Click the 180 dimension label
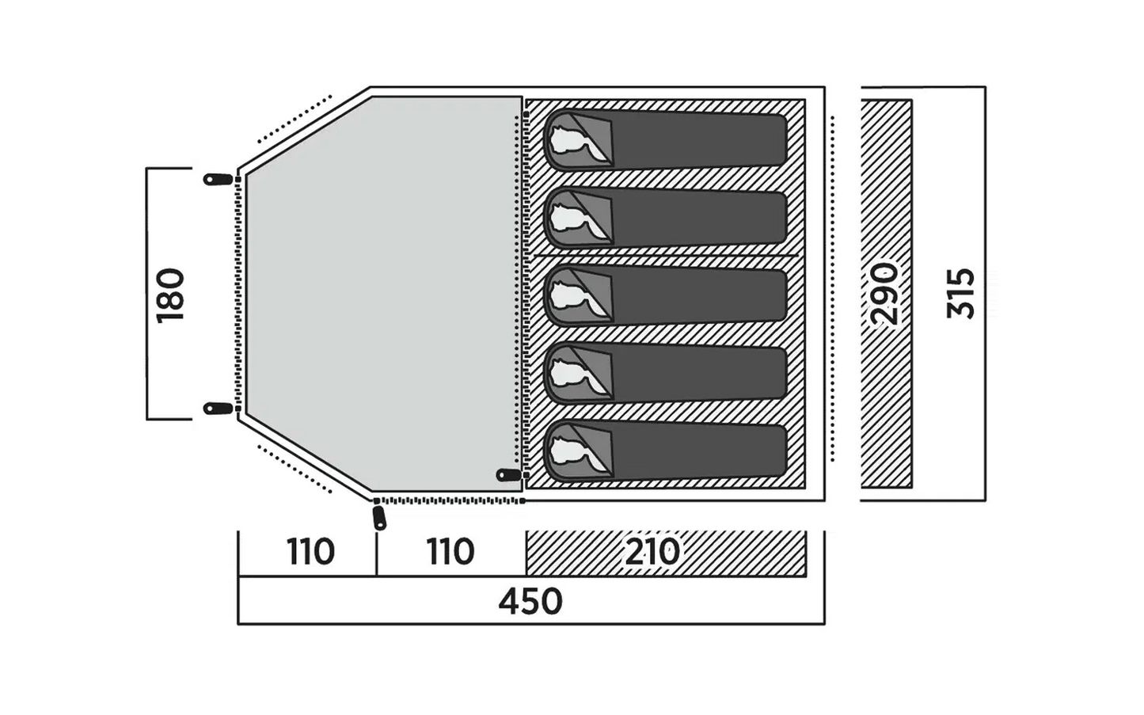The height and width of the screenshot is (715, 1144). click(170, 295)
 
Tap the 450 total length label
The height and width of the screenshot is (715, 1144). click(530, 602)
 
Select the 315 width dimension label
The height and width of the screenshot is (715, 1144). click(960, 295)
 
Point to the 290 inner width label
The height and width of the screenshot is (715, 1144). click(884, 295)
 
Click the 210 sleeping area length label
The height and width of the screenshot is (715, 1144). click(652, 552)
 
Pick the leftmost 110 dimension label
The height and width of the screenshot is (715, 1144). click(310, 552)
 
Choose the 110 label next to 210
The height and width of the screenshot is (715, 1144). click(450, 552)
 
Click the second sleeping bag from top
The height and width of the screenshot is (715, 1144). click(665, 219)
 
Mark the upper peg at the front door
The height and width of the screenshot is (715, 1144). click(218, 179)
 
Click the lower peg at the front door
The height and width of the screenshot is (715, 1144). click(218, 409)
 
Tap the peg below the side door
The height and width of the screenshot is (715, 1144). click(379, 517)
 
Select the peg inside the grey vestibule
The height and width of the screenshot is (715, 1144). click(509, 475)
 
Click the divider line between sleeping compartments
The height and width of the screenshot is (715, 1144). click(666, 255)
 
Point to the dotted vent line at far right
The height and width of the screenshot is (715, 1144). click(832, 289)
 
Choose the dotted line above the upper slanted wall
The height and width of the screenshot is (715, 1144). click(295, 119)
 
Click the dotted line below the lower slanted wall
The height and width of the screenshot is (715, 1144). click(295, 470)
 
